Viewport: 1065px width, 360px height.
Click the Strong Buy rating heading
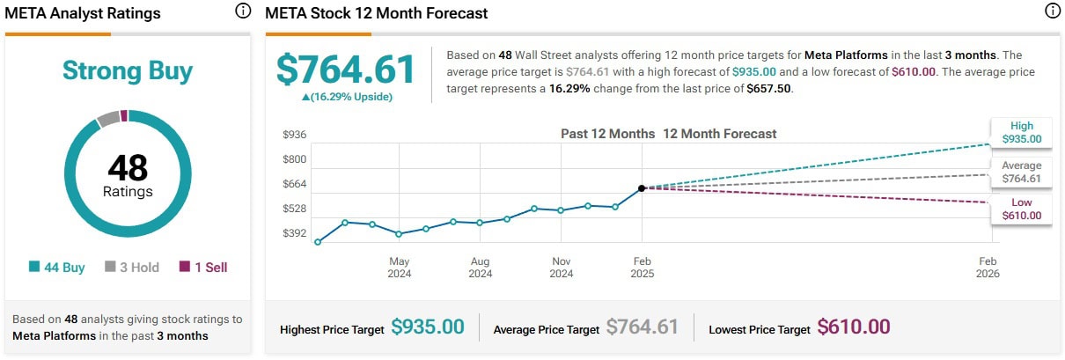[127, 71]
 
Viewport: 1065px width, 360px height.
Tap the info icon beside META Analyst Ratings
[243, 11]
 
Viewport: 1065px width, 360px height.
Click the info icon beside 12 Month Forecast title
[1052, 11]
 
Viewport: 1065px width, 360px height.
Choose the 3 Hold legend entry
[132, 268]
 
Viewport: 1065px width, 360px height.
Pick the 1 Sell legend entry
[203, 268]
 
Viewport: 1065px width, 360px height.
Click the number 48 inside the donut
[127, 167]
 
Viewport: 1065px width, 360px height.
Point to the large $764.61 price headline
[345, 70]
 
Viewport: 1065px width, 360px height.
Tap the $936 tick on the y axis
[294, 135]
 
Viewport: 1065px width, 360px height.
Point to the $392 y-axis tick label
[294, 233]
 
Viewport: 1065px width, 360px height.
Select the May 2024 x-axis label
[400, 268]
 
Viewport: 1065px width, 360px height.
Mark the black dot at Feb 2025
[642, 187]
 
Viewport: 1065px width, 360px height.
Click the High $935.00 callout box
[1021, 132]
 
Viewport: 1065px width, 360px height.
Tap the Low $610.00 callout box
[1021, 209]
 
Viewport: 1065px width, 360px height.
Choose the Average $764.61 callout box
[1021, 172]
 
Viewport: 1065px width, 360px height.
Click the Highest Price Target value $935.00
[427, 327]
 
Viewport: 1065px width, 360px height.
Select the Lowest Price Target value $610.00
[853, 327]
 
